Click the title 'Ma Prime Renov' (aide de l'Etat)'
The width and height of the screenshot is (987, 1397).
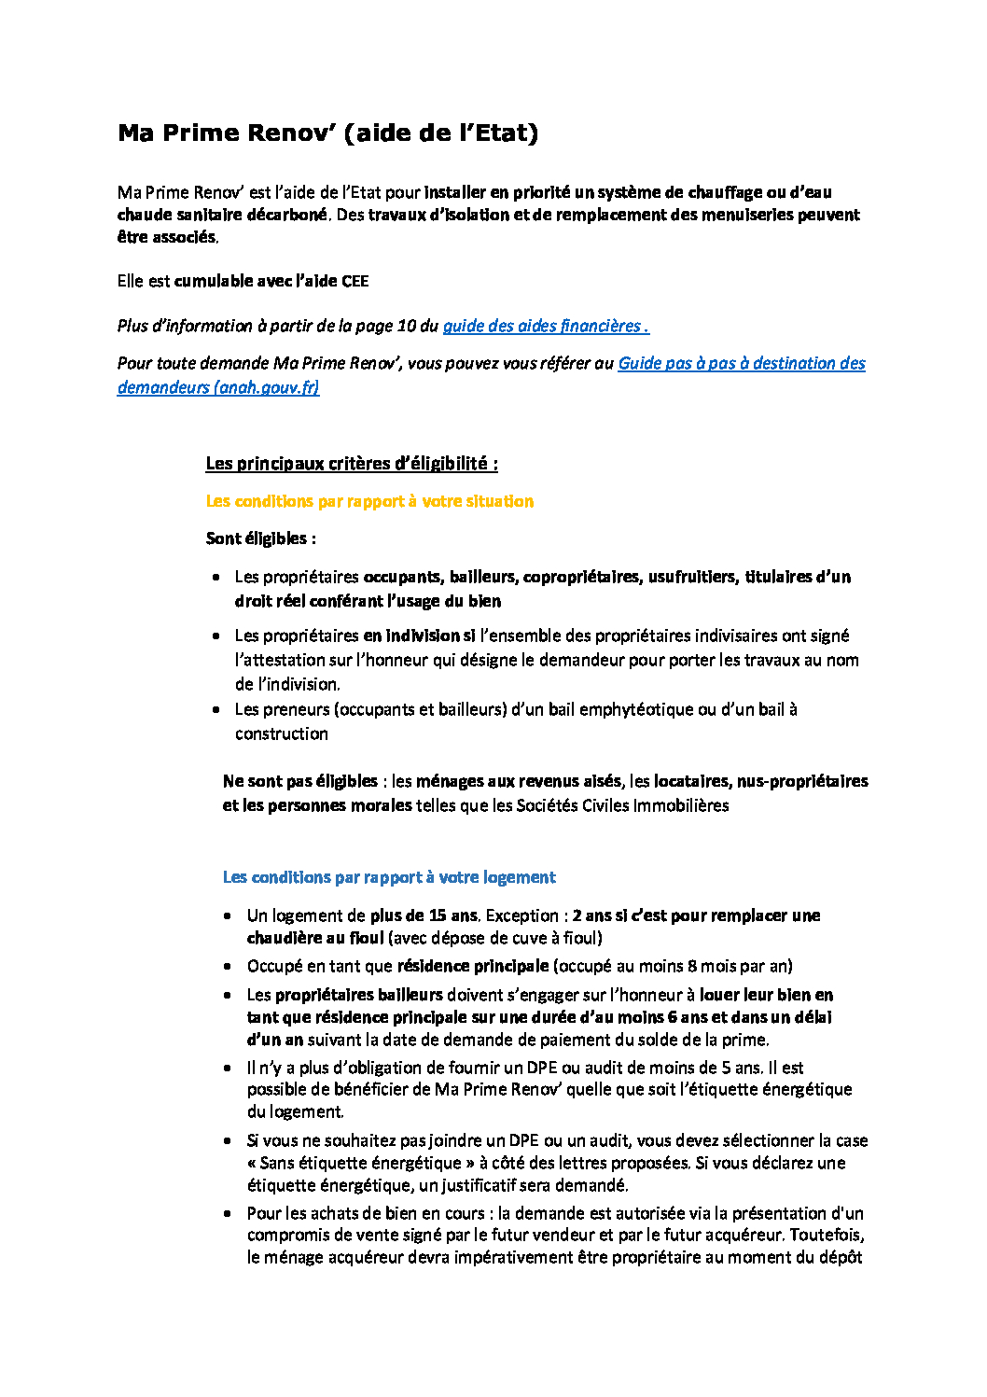(x=327, y=133)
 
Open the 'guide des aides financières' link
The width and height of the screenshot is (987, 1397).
(x=545, y=326)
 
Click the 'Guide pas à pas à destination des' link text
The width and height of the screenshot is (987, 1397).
(x=742, y=363)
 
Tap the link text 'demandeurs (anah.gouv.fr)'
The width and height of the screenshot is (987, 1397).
(x=218, y=387)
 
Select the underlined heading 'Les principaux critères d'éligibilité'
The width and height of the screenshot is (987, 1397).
(x=352, y=464)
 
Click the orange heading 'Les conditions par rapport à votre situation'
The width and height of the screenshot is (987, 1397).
(x=369, y=501)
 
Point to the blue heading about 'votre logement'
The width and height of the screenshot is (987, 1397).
(x=389, y=877)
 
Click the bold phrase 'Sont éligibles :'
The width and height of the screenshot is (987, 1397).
(x=261, y=538)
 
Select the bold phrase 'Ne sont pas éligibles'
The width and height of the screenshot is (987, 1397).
(x=300, y=781)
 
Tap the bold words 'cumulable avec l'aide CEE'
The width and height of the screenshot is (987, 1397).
(x=271, y=281)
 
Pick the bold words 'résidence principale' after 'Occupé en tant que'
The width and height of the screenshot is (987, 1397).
(x=473, y=966)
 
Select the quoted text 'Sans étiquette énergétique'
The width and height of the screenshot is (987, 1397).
(x=360, y=1163)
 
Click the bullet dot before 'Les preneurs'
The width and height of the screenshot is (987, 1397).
(x=216, y=710)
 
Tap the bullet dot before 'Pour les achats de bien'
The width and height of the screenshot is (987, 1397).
(x=229, y=1213)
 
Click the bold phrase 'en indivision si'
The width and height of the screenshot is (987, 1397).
(x=419, y=636)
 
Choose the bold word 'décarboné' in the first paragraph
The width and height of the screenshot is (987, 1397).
(x=287, y=215)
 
